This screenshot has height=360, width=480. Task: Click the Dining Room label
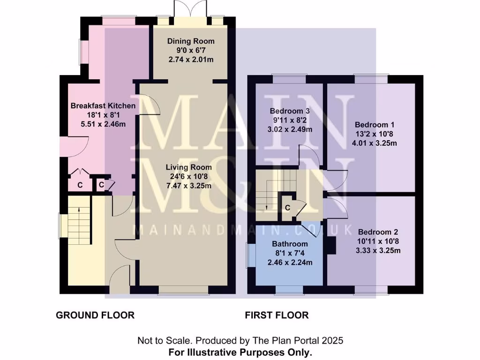click(191, 41)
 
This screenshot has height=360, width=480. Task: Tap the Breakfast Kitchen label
click(103, 105)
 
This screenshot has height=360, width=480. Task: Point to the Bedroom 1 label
click(375, 125)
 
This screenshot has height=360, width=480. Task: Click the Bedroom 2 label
click(378, 232)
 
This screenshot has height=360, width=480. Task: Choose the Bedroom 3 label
click(290, 111)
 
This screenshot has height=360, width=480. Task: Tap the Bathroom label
click(290, 244)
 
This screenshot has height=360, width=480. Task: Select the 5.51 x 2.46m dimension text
click(103, 124)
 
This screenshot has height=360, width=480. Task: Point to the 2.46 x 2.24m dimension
click(290, 262)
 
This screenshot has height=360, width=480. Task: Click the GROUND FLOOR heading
click(95, 315)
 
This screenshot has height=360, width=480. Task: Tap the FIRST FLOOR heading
click(277, 315)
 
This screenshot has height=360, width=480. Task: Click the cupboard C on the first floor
click(287, 207)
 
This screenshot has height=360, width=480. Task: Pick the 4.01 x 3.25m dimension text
click(375, 143)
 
